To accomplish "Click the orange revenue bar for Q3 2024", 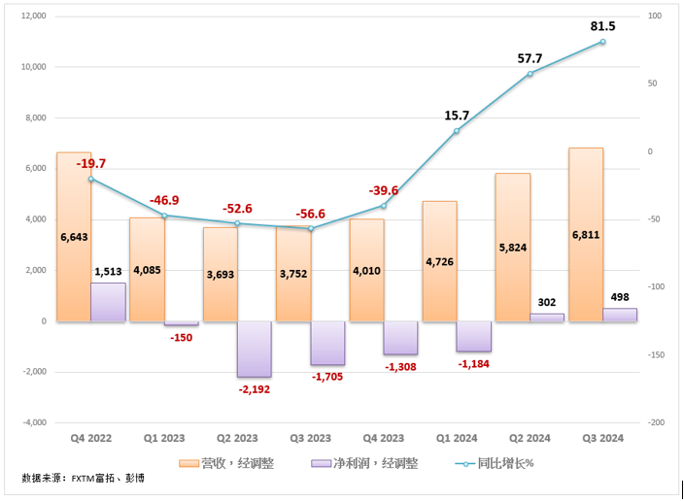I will [585, 234].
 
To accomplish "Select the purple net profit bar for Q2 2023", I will [255, 349].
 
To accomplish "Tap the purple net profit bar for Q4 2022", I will [108, 301].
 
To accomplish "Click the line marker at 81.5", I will [602, 42].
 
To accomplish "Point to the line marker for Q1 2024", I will [457, 131].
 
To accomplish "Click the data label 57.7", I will [530, 58].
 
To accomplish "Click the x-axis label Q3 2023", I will [310, 438].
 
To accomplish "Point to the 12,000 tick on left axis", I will [33, 17].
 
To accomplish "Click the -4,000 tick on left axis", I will [33, 422].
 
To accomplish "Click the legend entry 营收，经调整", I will [227, 463].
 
